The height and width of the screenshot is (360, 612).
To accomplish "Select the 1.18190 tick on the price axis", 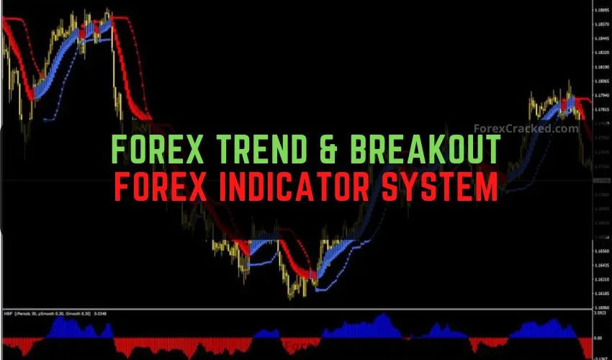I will click(x=602, y=67).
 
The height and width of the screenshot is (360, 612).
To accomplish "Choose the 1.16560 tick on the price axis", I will click(x=602, y=251).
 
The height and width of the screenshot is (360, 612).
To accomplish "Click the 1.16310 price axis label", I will click(x=602, y=279).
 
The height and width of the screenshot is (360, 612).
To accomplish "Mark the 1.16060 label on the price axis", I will click(x=602, y=307).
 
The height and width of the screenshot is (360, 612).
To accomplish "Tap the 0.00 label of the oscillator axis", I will click(x=598, y=337).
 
